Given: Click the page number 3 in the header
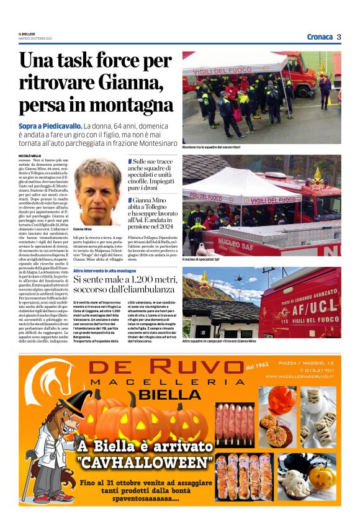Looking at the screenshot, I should click(339, 37).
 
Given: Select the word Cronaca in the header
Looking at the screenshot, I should click(320, 37).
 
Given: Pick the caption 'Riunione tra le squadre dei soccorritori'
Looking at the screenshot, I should click(211, 147).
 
